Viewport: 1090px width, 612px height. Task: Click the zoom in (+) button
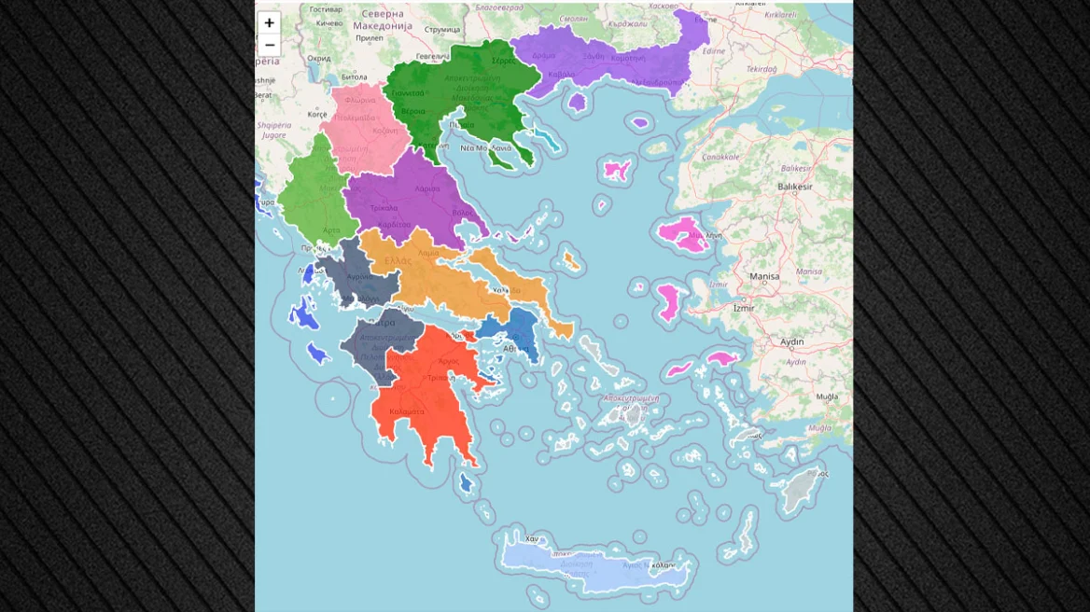tap(269, 23)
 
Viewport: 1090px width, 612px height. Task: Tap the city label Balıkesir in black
tap(794, 187)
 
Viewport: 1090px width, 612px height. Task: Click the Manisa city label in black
tap(764, 276)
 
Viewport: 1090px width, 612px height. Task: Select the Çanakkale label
tap(720, 157)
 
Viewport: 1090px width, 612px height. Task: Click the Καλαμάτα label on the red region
tap(407, 411)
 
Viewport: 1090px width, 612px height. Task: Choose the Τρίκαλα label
tap(384, 208)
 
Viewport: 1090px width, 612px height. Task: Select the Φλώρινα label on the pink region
tap(359, 100)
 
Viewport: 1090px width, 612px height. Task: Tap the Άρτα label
tap(331, 229)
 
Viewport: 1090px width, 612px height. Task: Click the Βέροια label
tap(413, 111)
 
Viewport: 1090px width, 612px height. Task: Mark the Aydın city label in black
tap(791, 342)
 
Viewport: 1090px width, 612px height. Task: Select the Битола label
tap(355, 76)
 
